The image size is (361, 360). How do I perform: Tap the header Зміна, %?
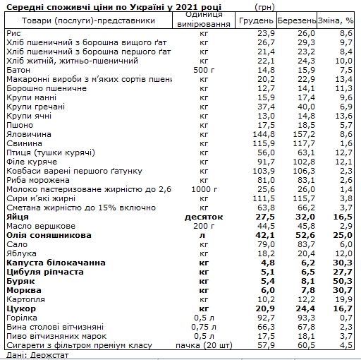pos(336,22)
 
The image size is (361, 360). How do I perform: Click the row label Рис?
pos(12,32)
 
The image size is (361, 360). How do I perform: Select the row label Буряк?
pos(18,280)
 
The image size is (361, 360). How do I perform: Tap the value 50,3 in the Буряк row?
pos(342,280)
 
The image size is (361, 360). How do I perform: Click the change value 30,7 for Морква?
pos(342,290)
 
